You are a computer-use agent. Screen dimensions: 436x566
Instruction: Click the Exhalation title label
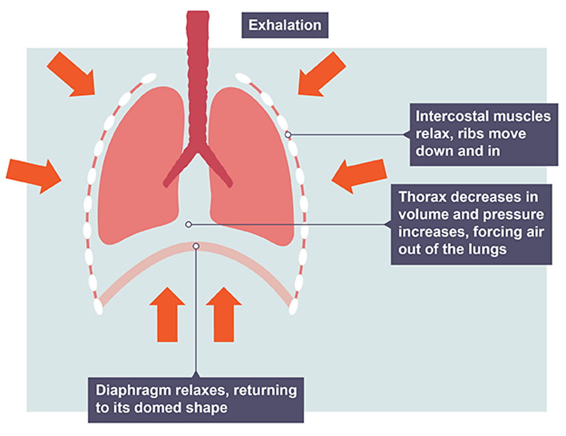284,26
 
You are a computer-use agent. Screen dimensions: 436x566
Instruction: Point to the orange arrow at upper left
70,73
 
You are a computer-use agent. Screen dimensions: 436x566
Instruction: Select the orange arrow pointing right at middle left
33,173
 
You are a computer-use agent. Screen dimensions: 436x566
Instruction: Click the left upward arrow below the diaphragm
167,313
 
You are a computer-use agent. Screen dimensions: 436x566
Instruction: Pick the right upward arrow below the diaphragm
223,313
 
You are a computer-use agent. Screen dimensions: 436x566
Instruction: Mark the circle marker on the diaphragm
196,246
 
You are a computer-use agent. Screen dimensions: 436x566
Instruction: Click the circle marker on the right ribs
288,135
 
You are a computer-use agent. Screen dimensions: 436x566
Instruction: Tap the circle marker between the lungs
187,224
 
